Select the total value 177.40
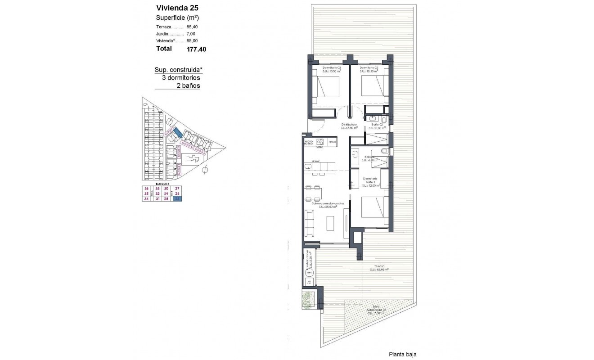[197, 49]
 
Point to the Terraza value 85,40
[192, 27]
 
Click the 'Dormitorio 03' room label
[332, 68]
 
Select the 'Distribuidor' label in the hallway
[349, 124]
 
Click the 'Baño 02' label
[377, 124]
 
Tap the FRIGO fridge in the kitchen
[332, 142]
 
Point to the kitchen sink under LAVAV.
[308, 167]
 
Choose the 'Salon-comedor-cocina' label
[331, 204]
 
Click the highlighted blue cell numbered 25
[178, 199]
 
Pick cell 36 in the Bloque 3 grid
[146, 189]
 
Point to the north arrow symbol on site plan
[205, 170]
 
